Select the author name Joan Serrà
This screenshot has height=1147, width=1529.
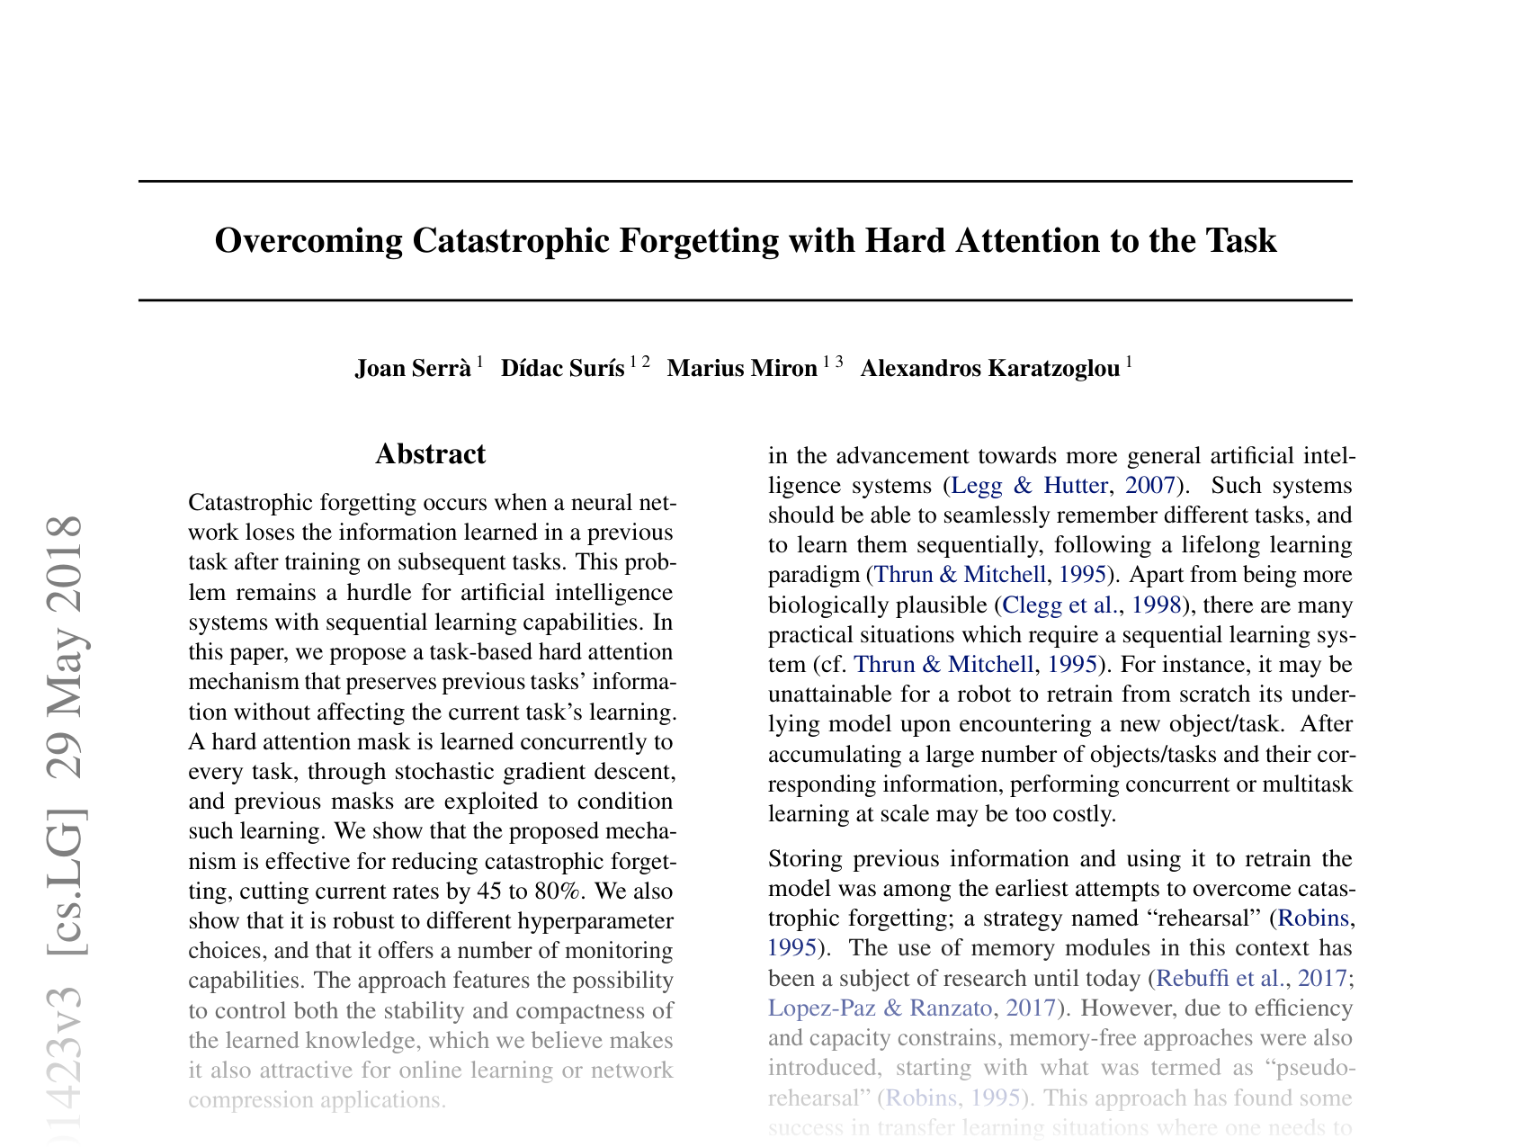413,369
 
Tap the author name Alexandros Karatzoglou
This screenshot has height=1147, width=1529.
990,369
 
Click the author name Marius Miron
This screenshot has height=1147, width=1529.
742,369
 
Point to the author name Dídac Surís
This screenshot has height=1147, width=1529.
562,369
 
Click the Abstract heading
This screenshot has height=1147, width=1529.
430,454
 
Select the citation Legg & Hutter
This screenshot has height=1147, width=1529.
1029,486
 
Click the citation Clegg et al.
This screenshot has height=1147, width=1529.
1057,605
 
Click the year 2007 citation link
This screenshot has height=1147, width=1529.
1149,486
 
